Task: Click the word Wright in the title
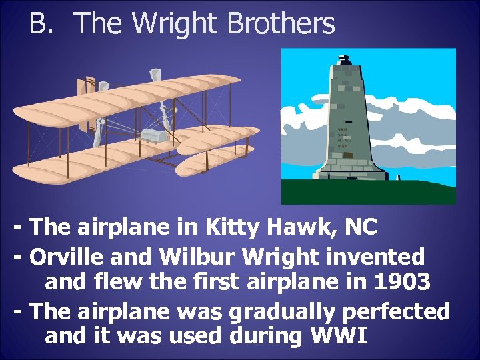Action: coord(175,23)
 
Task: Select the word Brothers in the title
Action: coord(281,23)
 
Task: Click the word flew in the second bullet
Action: coord(115,283)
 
